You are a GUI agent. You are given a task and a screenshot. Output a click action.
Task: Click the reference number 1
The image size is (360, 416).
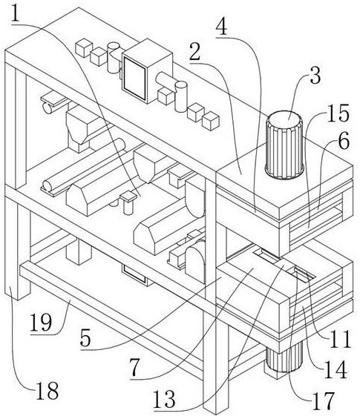pos(16,13)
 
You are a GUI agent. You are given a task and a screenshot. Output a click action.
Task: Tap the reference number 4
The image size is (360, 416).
pos(222,27)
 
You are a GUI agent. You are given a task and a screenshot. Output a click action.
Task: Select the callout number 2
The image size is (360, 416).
pos(195,52)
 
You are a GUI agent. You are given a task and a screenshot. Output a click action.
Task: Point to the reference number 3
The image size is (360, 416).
pos(315,76)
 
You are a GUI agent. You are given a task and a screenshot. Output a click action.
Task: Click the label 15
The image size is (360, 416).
pos(338,113)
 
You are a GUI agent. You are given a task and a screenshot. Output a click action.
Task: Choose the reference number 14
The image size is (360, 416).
pos(336,369)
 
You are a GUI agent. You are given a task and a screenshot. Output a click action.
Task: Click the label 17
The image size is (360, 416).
pos(323,400)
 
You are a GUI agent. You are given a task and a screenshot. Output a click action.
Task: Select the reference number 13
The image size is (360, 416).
pos(164,399)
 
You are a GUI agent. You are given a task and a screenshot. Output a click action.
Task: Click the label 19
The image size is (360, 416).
pos(41,323)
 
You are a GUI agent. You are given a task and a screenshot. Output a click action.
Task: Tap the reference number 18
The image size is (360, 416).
pos(47,391)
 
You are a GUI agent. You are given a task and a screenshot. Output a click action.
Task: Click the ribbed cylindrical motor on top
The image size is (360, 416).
pos(284,145)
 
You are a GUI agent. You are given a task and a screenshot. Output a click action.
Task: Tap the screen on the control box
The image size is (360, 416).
pos(135,79)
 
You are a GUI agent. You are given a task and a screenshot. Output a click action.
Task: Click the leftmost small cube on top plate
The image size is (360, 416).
pos(84,47)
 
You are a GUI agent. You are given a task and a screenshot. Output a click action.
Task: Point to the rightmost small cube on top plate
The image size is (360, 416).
pos(211,121)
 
